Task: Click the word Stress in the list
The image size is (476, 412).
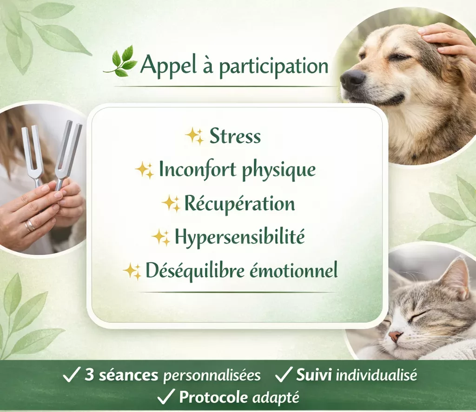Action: pos(235,136)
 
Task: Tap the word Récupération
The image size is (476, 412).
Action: pos(239,203)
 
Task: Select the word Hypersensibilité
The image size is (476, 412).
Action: pos(239,237)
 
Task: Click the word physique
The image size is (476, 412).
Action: pos(279,170)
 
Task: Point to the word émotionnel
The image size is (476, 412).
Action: pos(294,270)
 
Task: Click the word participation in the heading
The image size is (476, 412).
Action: pos(273,66)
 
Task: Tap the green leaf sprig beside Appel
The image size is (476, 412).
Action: pos(120,61)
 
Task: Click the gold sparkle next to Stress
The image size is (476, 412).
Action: pos(195,136)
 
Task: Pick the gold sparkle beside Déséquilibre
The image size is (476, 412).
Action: pos(132,271)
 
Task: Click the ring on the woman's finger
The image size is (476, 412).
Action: pos(30,225)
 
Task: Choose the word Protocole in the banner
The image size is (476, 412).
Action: pos(214,397)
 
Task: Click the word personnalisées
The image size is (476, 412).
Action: pos(212,376)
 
